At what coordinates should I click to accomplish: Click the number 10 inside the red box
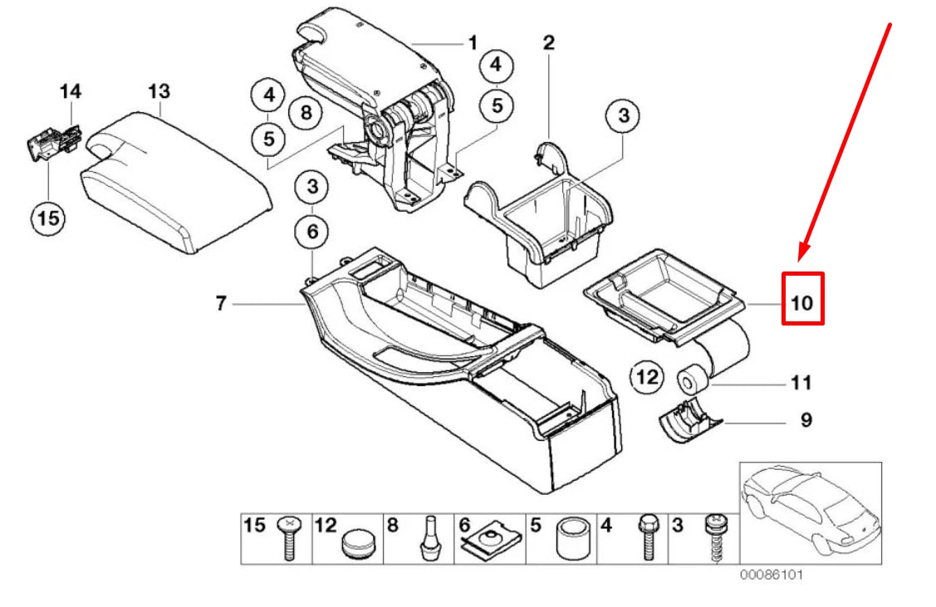tap(802, 302)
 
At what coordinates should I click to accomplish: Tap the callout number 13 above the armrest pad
tap(158, 91)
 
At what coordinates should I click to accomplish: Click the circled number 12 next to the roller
tap(646, 378)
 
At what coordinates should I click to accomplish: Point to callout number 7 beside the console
tap(221, 305)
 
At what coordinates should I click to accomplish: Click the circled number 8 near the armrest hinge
tap(306, 111)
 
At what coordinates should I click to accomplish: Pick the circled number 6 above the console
tap(312, 232)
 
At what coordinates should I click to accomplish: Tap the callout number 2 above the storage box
tap(548, 43)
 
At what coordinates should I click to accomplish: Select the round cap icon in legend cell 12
tap(359, 544)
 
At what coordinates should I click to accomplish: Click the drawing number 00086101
tap(772, 575)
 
